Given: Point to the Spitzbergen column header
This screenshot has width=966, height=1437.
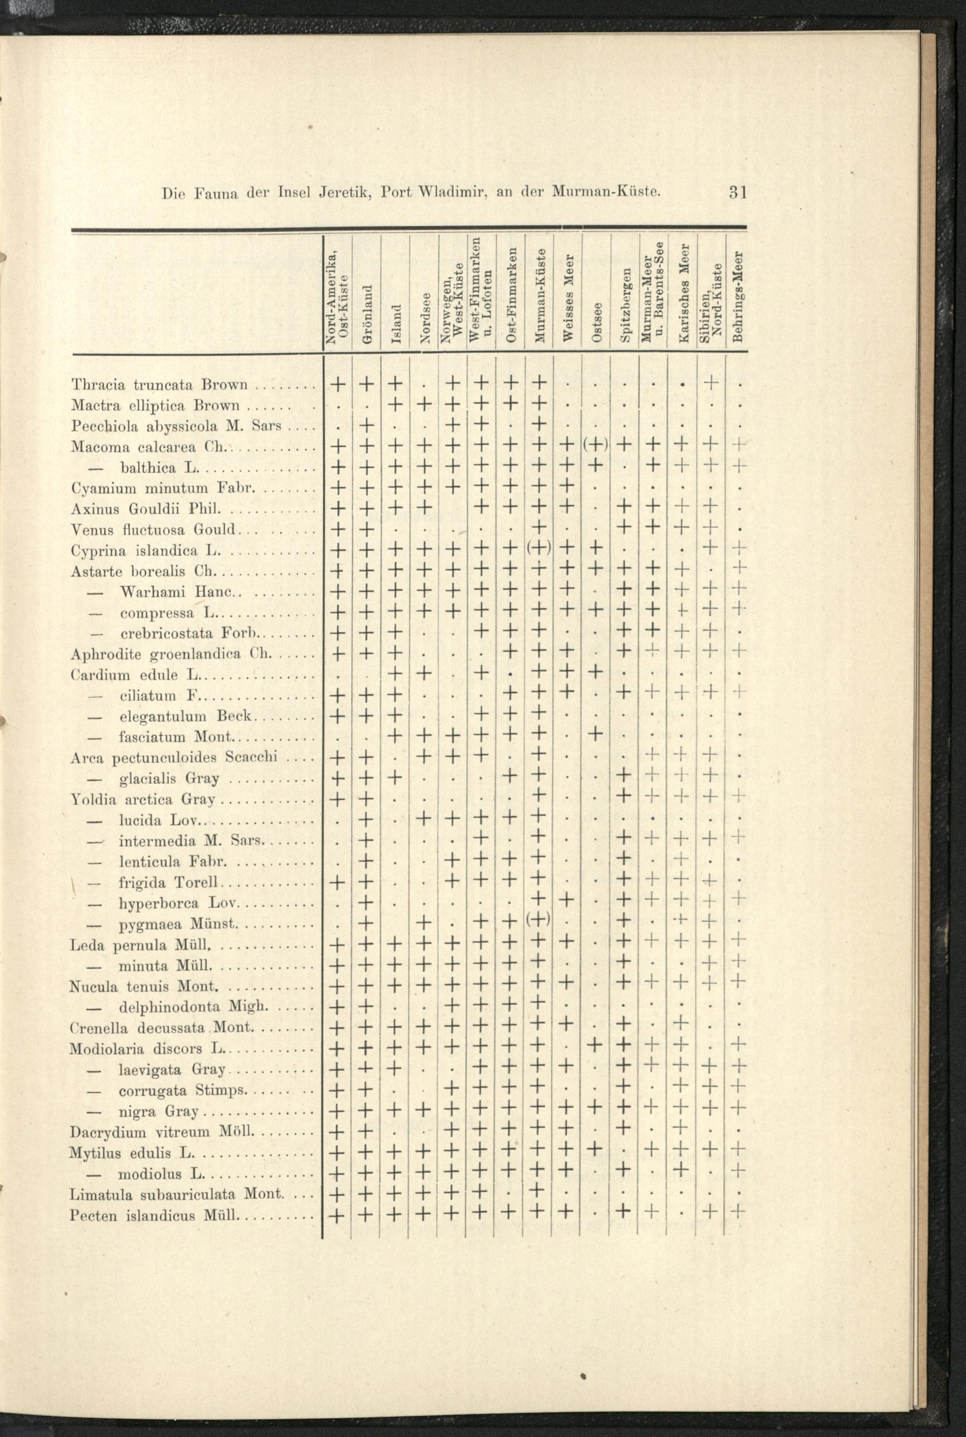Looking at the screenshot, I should click(x=625, y=304).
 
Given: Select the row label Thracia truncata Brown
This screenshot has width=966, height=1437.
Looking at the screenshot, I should click(x=159, y=385).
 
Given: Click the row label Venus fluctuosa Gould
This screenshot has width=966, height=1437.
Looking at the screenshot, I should click(x=154, y=529).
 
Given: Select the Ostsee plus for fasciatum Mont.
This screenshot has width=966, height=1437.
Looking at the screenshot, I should click(x=595, y=736).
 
